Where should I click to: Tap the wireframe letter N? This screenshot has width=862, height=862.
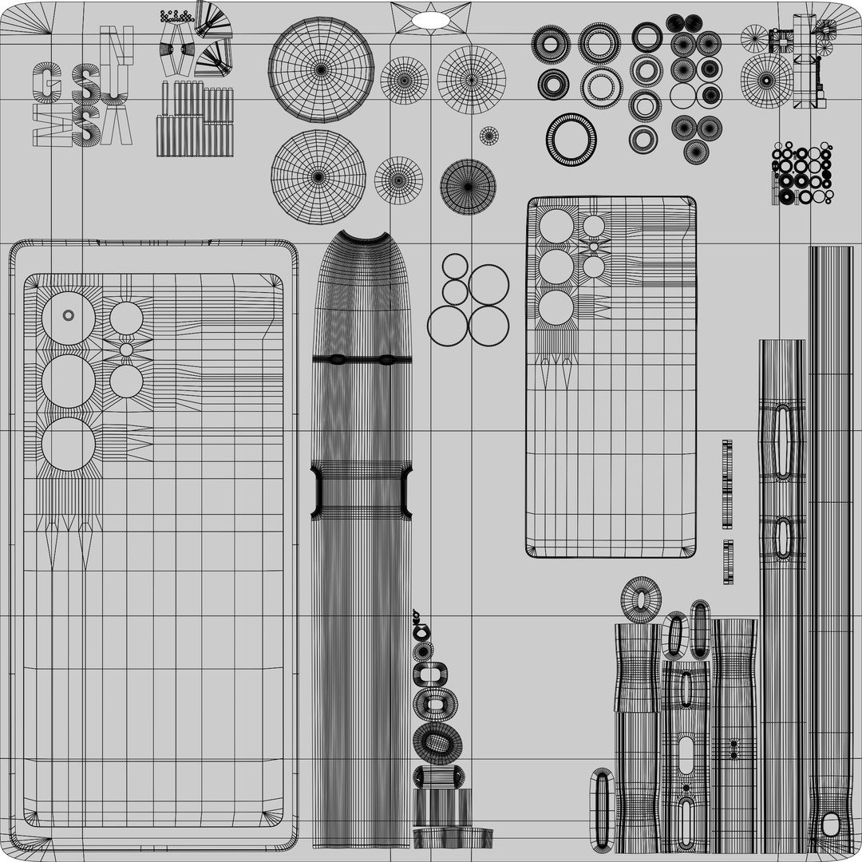pyautogui.click(x=117, y=45)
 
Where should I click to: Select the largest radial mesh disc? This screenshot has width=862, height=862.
pyautogui.click(x=321, y=69)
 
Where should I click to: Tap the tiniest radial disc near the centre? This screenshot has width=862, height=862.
pyautogui.click(x=489, y=136)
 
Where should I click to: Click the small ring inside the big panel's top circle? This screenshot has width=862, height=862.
pyautogui.click(x=69, y=316)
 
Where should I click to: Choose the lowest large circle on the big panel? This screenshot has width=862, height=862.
pyautogui.click(x=69, y=444)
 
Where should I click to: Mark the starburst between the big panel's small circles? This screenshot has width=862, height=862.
pyautogui.click(x=126, y=350)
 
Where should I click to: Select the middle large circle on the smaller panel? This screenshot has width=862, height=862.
pyautogui.click(x=556, y=267)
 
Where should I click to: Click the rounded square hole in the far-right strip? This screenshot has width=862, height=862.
pyautogui.click(x=831, y=824)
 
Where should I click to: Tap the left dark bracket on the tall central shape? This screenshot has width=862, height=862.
pyautogui.click(x=317, y=492)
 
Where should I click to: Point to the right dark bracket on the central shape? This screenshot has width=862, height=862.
pyautogui.click(x=406, y=492)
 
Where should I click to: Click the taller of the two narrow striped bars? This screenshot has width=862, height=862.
pyautogui.click(x=727, y=484)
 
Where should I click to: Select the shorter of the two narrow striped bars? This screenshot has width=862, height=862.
pyautogui.click(x=727, y=562)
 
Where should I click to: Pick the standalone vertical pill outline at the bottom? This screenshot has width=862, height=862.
pyautogui.click(x=601, y=809)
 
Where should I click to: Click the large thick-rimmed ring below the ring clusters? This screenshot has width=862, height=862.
pyautogui.click(x=571, y=140)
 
